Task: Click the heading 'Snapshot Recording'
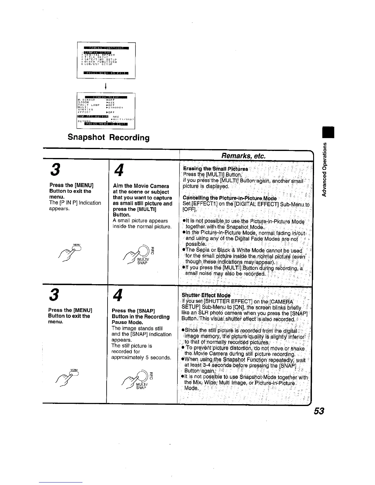tap(109, 137)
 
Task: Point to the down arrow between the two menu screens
tap(106, 86)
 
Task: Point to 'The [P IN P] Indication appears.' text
tap(75, 205)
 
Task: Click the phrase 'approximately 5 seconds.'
tap(141, 357)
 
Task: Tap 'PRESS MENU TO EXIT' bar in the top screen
tap(106, 73)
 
